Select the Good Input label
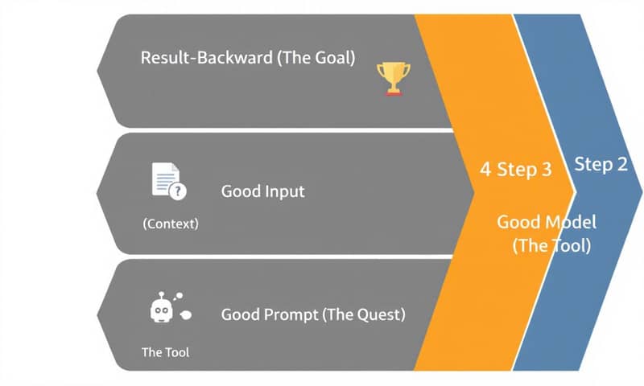(262, 192)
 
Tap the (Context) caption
(170, 224)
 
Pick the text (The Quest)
(364, 314)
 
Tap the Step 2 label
(601, 165)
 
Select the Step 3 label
(524, 170)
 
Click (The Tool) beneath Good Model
(551, 246)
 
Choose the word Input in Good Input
(284, 192)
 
